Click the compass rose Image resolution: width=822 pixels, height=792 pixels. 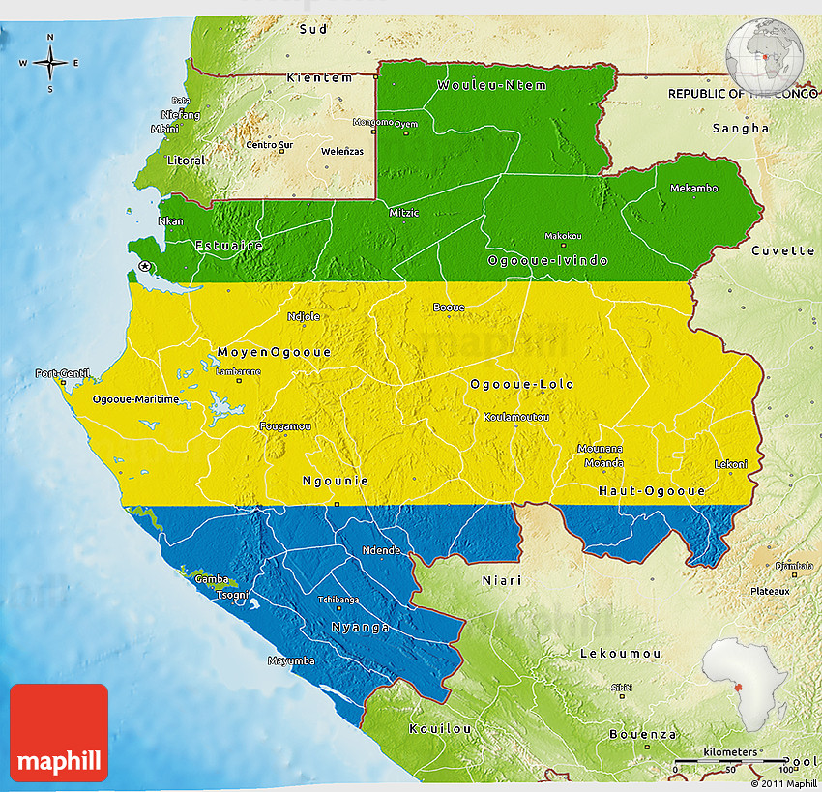(50, 63)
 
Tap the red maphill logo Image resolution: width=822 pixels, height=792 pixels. (59, 732)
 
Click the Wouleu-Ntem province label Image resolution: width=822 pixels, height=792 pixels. (491, 85)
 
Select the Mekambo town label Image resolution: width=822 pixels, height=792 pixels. (693, 188)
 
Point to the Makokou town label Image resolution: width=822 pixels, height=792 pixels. (563, 236)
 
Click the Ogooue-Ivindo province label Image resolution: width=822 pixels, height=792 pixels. (547, 261)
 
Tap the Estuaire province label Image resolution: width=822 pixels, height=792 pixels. (229, 246)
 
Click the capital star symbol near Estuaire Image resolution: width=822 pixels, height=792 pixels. (145, 266)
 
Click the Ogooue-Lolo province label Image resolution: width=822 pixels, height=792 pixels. (521, 384)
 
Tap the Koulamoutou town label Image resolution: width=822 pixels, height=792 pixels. (516, 417)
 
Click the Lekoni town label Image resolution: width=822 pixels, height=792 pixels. (730, 464)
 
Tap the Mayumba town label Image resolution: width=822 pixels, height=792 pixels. (291, 661)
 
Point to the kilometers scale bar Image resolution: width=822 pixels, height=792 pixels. (731, 762)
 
